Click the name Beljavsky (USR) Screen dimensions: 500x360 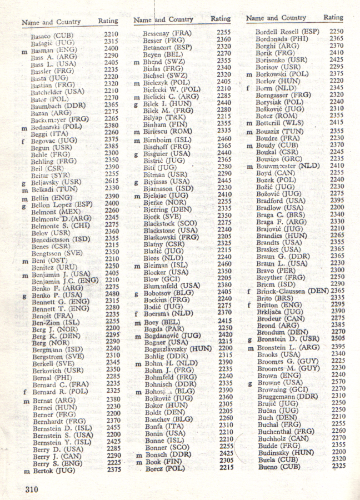point(56,181)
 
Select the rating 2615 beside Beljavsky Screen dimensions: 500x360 point(111,181)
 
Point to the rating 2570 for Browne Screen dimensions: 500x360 point(336,382)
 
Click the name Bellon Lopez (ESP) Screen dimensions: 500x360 point(62,204)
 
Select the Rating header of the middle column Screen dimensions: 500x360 point(221,19)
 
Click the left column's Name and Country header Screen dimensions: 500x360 point(51,22)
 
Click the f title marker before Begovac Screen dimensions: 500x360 point(24,141)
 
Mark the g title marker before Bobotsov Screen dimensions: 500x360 point(136,292)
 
